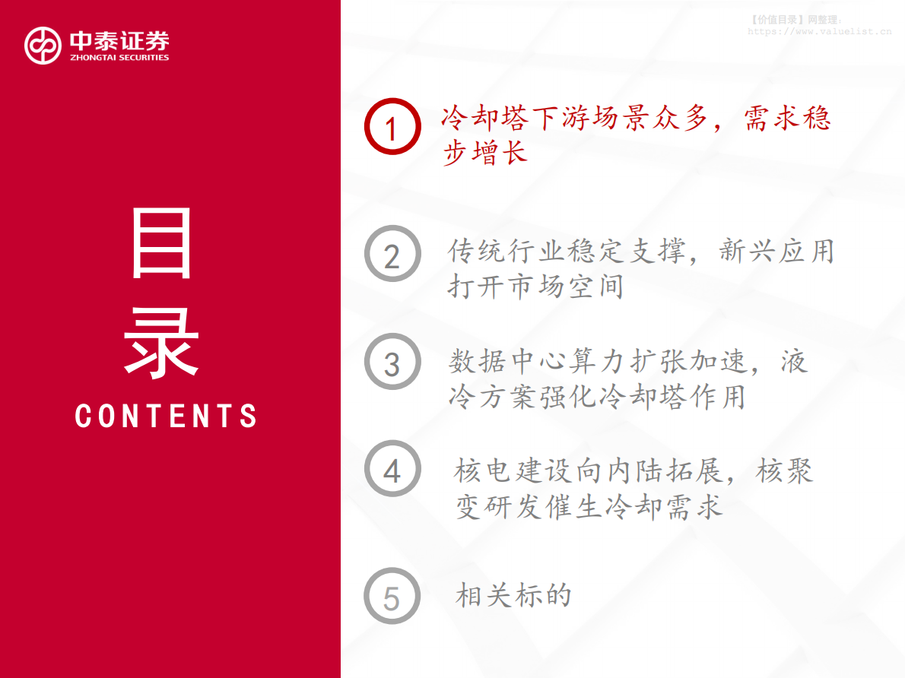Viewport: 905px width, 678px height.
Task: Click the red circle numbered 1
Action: tap(392, 127)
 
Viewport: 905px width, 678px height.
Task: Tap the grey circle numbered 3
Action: tap(392, 362)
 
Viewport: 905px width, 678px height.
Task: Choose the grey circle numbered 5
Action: tap(392, 596)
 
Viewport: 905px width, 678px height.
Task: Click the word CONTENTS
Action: tap(167, 416)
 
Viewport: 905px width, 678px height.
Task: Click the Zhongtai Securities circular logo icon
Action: tap(43, 46)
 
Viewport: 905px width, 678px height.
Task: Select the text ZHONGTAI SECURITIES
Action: tap(119, 57)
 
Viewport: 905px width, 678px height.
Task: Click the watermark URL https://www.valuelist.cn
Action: tap(819, 32)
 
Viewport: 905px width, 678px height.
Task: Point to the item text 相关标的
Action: tap(513, 595)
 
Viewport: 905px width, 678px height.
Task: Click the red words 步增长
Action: tap(484, 153)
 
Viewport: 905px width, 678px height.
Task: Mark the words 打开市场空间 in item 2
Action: tap(535, 287)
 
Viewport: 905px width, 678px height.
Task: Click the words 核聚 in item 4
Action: tap(784, 471)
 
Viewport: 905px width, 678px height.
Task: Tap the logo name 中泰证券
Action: tap(119, 40)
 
